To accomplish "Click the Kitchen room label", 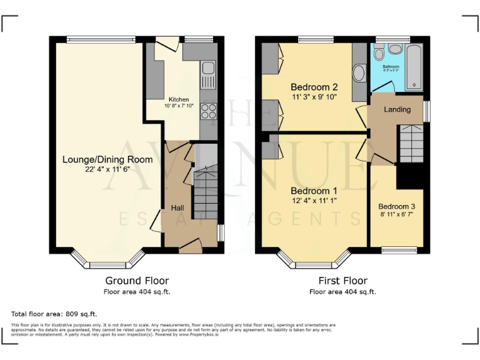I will point(178,99).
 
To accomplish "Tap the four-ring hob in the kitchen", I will point(208,111).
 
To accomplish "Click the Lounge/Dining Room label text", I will point(107,159).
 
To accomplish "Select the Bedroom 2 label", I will point(314,87).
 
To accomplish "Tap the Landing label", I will point(397,109).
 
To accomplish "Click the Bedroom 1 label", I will point(314,191).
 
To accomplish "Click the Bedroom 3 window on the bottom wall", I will point(399,251).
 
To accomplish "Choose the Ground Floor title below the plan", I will point(137,281).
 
